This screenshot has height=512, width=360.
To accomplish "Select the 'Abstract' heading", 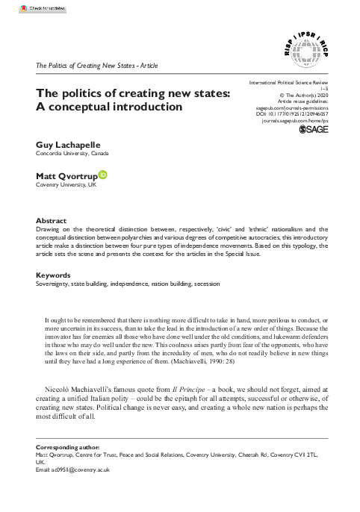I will tap(51, 221).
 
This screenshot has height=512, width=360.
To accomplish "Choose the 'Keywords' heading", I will tap(53, 274).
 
